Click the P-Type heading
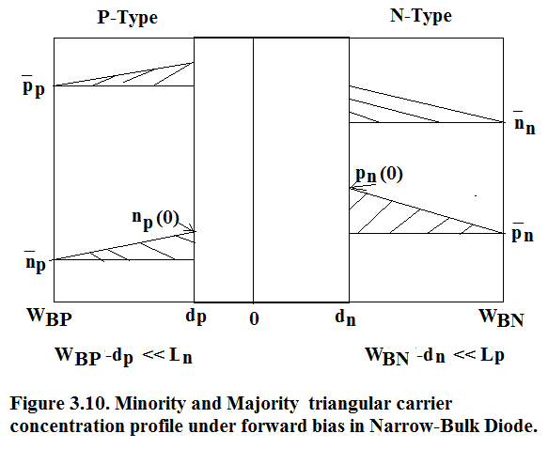[x=127, y=18]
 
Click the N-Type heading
[x=421, y=16]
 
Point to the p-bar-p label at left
[x=34, y=86]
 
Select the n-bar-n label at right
[x=525, y=123]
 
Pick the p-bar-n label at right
[x=523, y=232]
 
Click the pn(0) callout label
[x=379, y=174]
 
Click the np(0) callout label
[x=155, y=219]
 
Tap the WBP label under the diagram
[x=49, y=317]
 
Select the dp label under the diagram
[x=196, y=317]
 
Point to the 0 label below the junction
[x=254, y=319]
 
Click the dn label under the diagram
[x=345, y=317]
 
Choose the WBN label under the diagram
[x=501, y=317]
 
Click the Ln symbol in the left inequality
[x=180, y=356]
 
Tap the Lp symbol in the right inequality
[x=493, y=356]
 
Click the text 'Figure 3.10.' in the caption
[x=58, y=404]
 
